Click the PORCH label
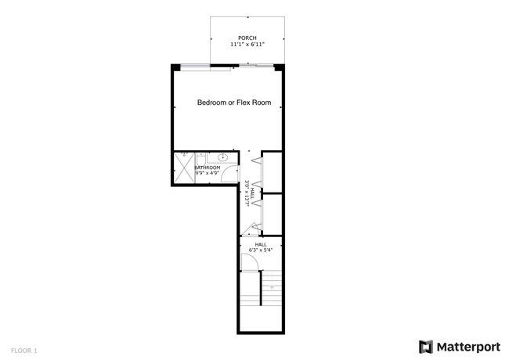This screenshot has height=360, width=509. [247, 38]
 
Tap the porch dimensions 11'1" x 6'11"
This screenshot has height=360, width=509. [247, 45]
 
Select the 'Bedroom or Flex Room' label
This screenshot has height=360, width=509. [239, 103]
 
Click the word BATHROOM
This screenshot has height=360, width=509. [207, 167]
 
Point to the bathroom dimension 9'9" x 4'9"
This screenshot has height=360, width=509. [207, 173]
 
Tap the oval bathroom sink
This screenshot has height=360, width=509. [223, 157]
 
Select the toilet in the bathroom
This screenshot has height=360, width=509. [201, 157]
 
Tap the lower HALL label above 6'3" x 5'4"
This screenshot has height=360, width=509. [261, 244]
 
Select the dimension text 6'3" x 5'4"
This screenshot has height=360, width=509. [261, 250]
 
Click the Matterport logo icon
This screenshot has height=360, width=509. [426, 347]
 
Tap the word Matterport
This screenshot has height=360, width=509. [467, 347]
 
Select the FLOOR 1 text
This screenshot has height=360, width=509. [24, 350]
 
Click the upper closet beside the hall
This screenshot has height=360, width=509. [273, 172]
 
